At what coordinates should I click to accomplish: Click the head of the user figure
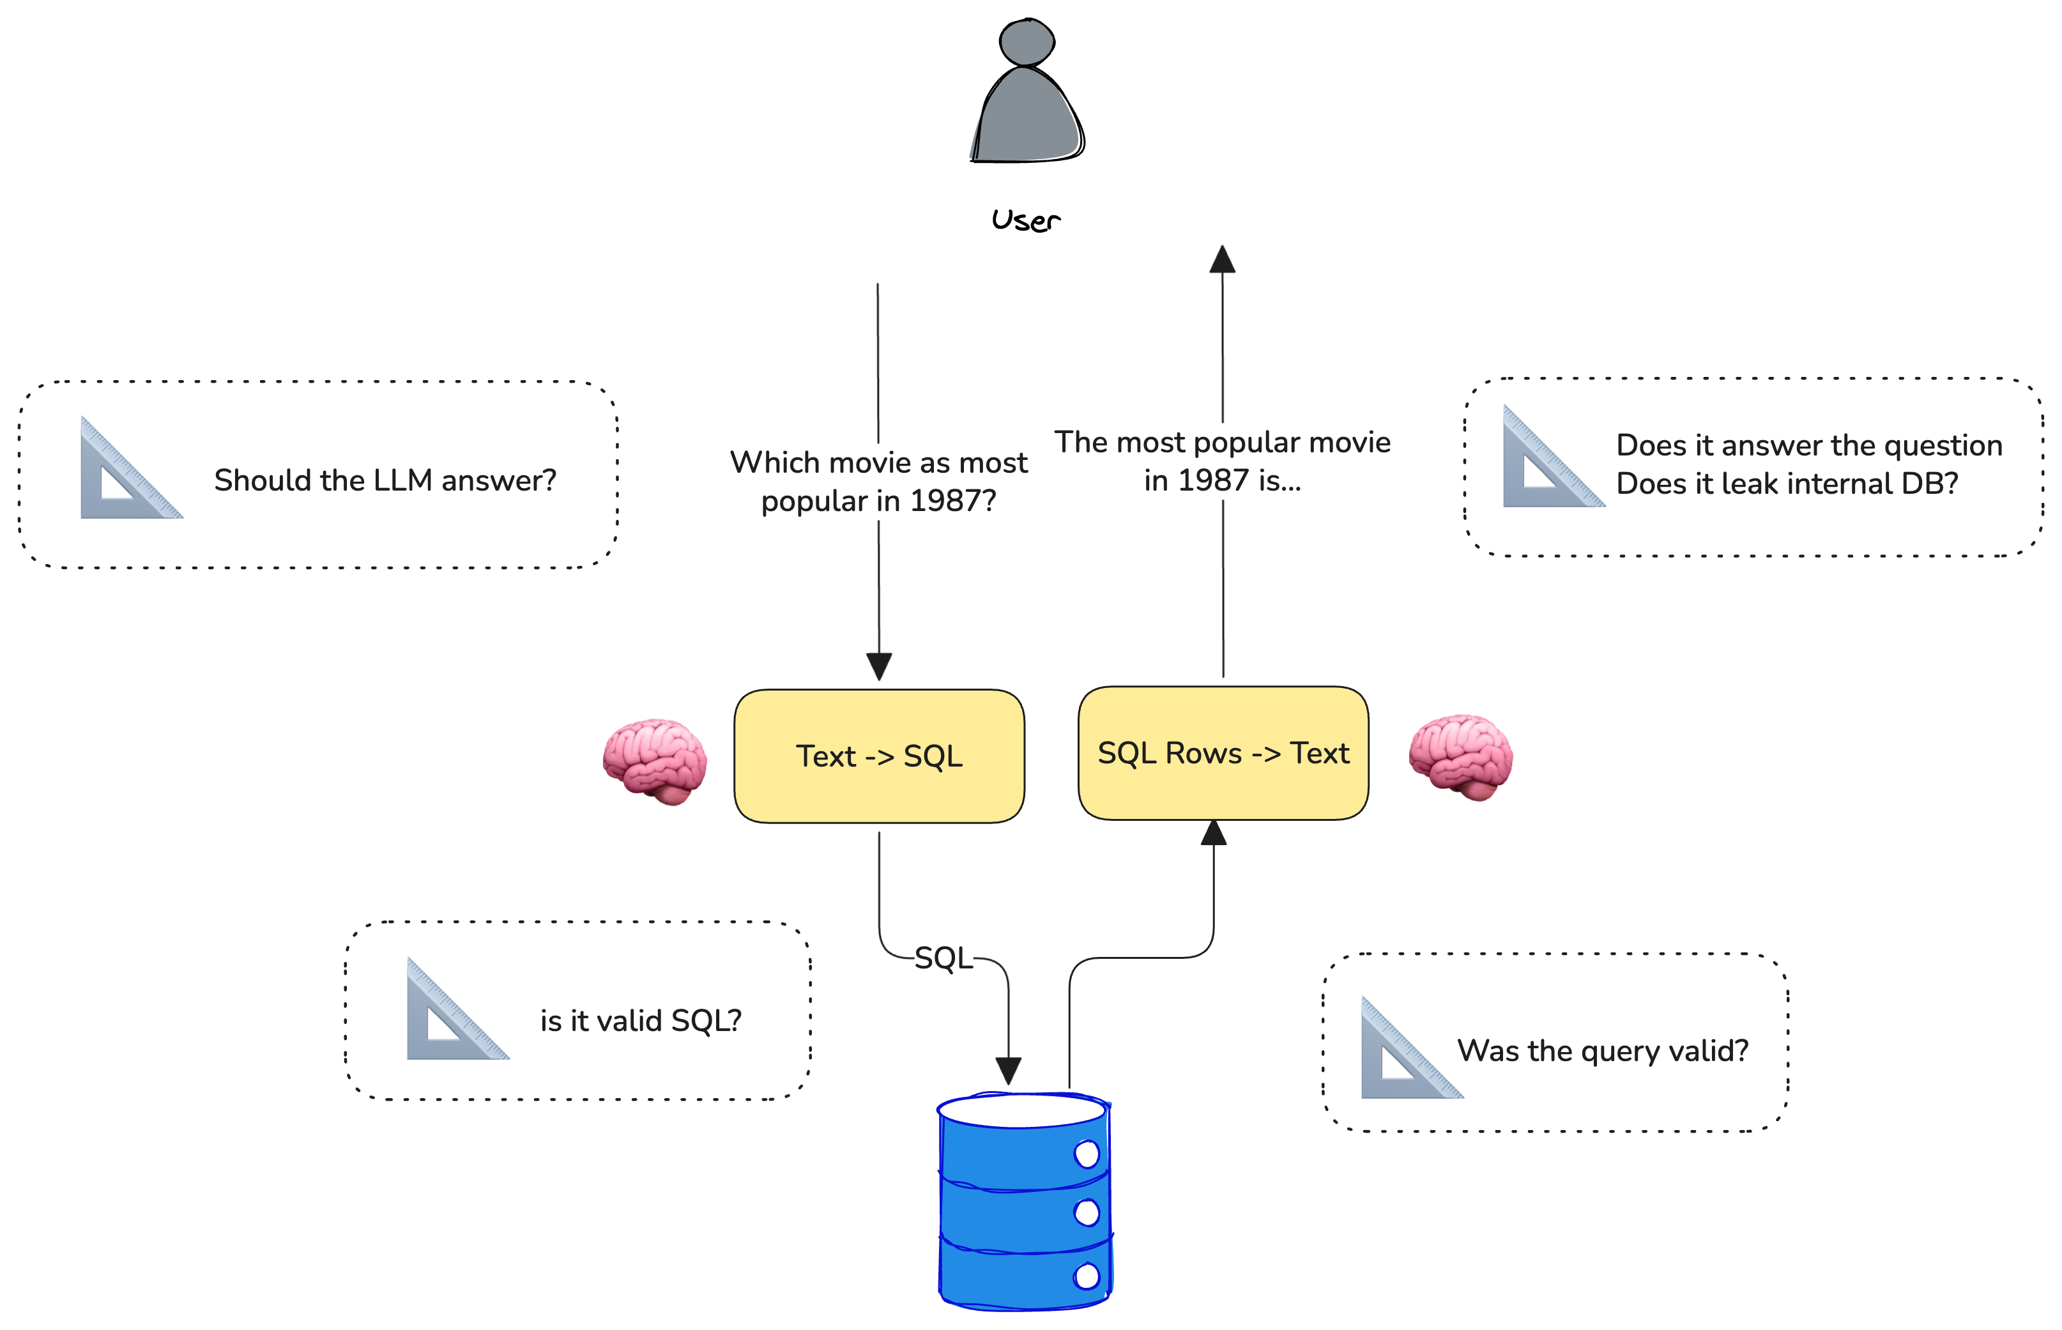pyautogui.click(x=1026, y=42)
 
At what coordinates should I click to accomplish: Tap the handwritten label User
pyautogui.click(x=1026, y=220)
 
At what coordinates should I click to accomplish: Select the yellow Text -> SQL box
pyautogui.click(x=879, y=756)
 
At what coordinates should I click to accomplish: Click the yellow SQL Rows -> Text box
pyautogui.click(x=1223, y=753)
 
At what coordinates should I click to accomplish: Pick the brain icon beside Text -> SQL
pyautogui.click(x=655, y=760)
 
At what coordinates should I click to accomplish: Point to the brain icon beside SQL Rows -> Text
pyautogui.click(x=1460, y=756)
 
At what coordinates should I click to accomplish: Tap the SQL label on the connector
pyautogui.click(x=943, y=958)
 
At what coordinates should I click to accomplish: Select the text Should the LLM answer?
pyautogui.click(x=385, y=480)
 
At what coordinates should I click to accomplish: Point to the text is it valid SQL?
pyautogui.click(x=641, y=1021)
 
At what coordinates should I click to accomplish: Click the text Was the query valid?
pyautogui.click(x=1603, y=1051)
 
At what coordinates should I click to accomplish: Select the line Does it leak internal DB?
pyautogui.click(x=1787, y=484)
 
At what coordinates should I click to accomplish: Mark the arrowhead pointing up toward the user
pyautogui.click(x=1222, y=259)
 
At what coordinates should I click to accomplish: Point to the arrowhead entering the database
pyautogui.click(x=1009, y=1071)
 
